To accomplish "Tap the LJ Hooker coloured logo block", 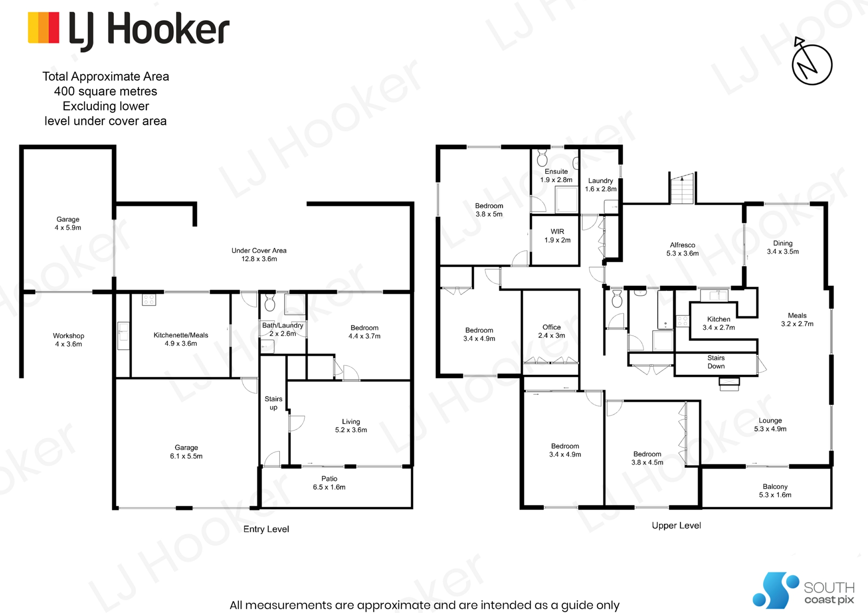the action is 44,28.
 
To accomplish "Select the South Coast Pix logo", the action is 803,590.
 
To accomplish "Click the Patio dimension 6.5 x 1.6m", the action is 329,487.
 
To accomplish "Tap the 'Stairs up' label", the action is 274,403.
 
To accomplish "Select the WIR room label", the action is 557,231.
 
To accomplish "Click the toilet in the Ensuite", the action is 542,158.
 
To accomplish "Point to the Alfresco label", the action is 683,245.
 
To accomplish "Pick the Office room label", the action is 552,327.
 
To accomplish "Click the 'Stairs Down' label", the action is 716,362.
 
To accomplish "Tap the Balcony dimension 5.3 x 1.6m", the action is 775,495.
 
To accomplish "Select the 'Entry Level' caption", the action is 266,529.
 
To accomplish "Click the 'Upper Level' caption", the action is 676,525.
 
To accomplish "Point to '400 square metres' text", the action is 105,91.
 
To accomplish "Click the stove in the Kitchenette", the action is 149,299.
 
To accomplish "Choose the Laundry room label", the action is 600,181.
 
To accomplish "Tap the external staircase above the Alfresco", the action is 682,188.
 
